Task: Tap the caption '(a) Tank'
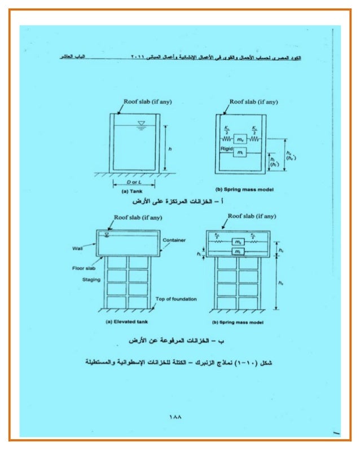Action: click(x=118, y=191)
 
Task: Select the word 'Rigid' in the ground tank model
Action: click(x=227, y=149)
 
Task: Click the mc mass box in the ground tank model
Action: click(x=240, y=138)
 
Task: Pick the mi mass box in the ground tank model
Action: click(x=240, y=153)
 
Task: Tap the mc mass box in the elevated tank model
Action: click(x=238, y=242)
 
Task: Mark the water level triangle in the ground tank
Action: click(x=141, y=123)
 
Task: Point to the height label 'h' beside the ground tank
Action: click(x=169, y=149)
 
